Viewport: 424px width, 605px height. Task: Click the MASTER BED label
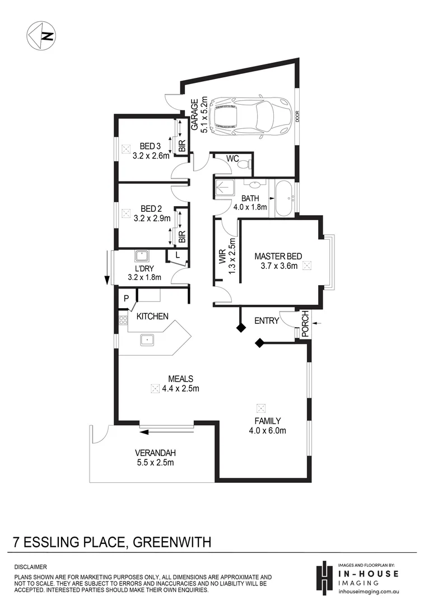click(x=278, y=257)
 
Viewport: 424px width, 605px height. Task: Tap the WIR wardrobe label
click(x=222, y=257)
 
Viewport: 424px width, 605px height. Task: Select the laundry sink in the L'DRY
click(x=142, y=256)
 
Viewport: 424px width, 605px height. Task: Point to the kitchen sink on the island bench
click(x=148, y=339)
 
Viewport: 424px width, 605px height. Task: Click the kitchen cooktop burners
click(x=123, y=321)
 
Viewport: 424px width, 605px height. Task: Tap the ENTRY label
click(x=267, y=320)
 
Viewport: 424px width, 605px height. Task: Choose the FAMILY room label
click(x=267, y=421)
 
